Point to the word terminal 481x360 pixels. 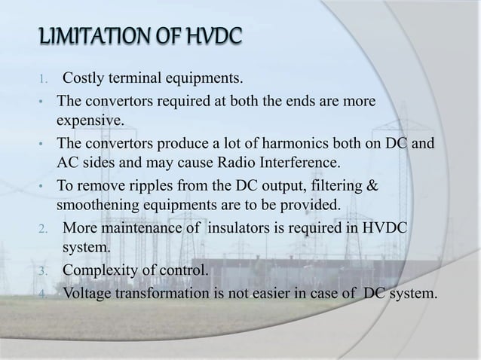click(147, 78)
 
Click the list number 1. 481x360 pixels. click(43, 79)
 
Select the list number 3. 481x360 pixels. click(43, 271)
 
